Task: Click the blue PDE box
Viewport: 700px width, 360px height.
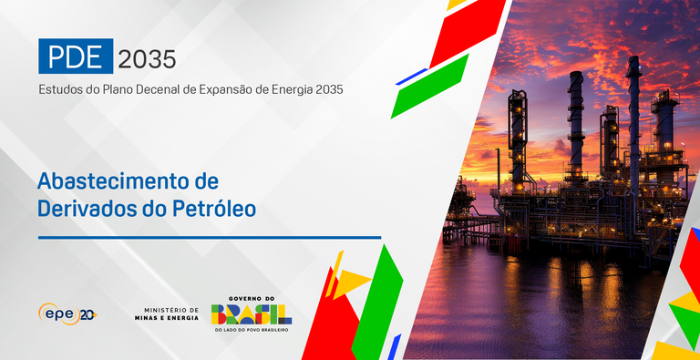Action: tap(76, 57)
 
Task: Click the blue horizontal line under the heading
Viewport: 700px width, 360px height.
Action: tap(209, 237)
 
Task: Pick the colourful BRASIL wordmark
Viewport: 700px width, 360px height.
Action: tap(251, 314)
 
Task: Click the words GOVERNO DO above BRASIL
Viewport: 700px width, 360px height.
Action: tap(251, 298)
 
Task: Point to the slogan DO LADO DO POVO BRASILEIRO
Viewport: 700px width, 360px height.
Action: tap(251, 330)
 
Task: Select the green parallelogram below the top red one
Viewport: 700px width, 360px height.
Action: tap(429, 87)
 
